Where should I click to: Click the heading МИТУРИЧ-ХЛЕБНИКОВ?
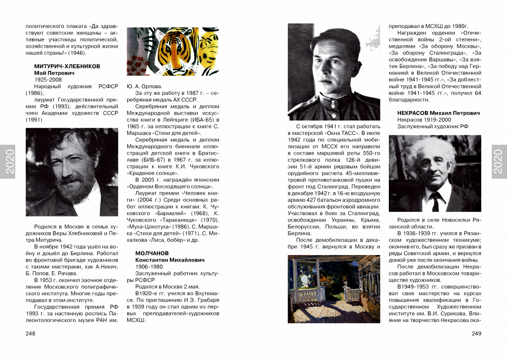[x=67, y=66]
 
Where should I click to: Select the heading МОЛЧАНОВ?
[x=152, y=253]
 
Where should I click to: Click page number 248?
[x=30, y=333]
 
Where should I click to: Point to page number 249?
[x=476, y=333]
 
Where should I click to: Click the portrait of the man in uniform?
[x=334, y=71]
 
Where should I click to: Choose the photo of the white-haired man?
[x=434, y=173]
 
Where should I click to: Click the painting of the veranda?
[x=334, y=289]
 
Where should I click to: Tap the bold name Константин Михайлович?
[x=170, y=260]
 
